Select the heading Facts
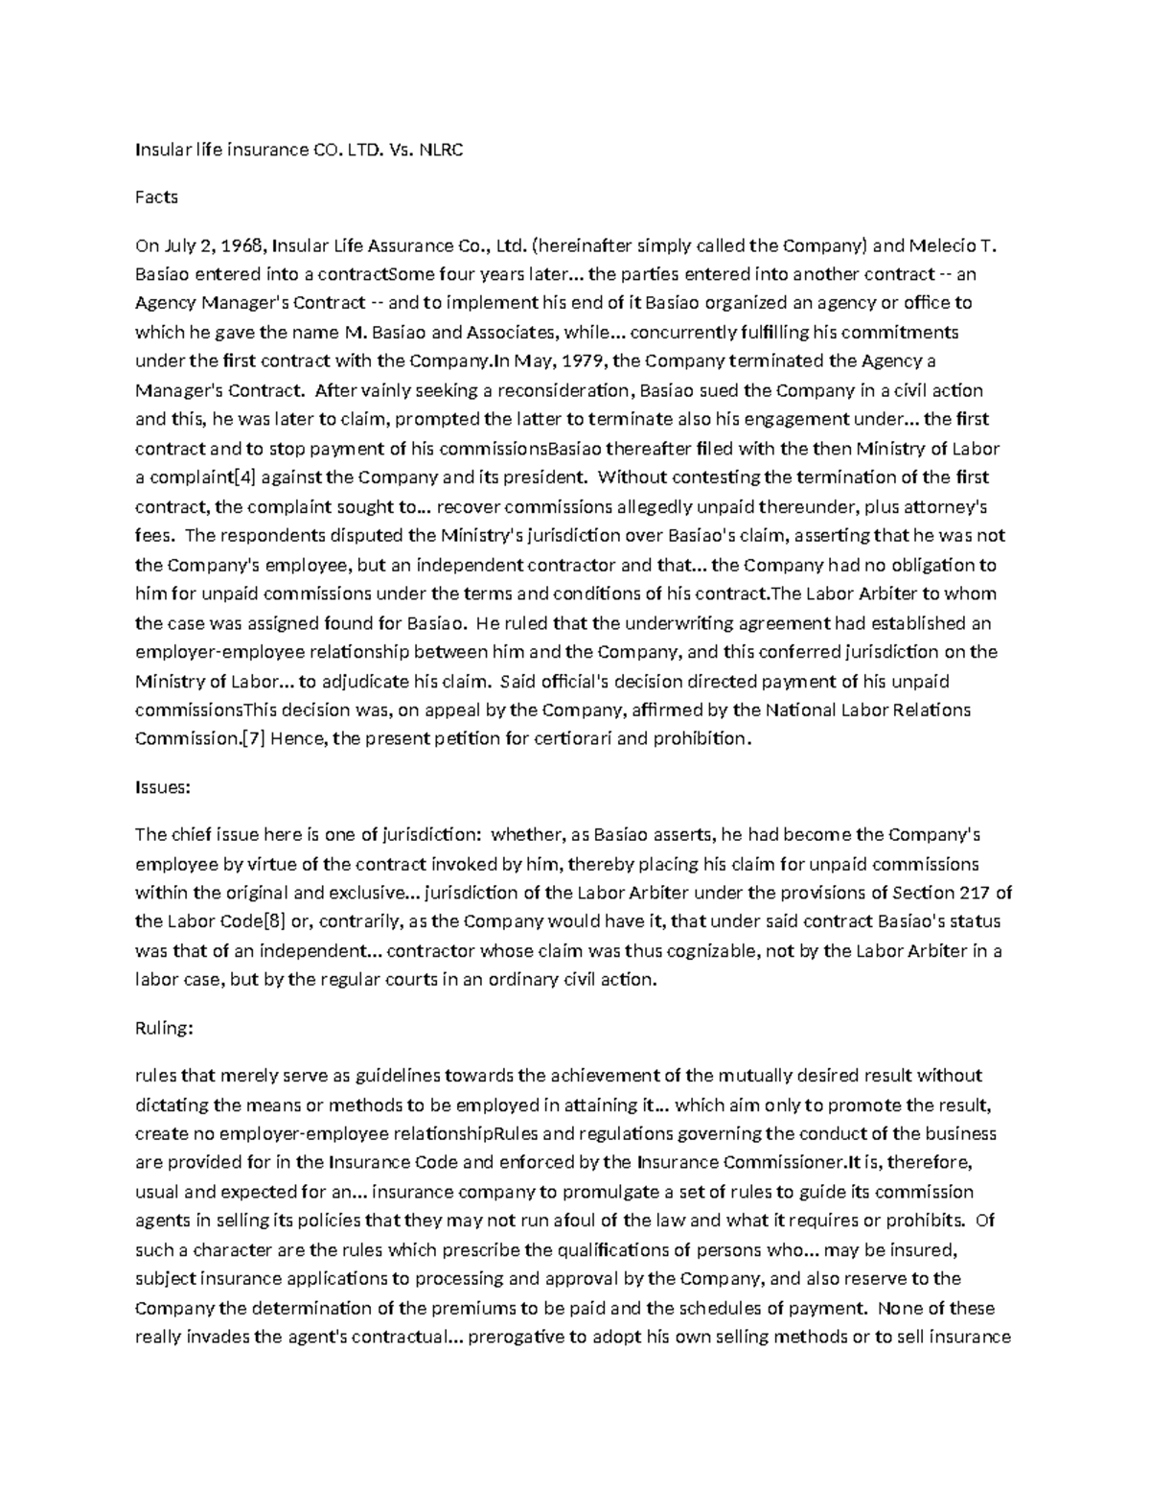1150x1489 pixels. (156, 198)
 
